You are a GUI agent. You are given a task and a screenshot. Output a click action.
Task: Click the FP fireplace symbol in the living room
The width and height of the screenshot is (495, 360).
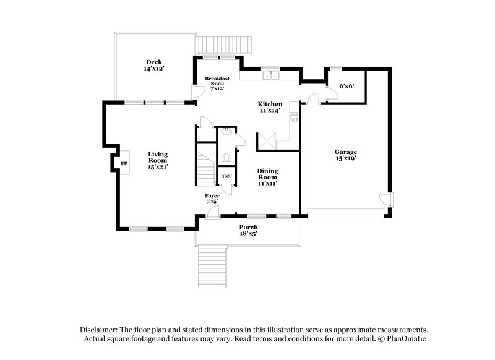point(124,163)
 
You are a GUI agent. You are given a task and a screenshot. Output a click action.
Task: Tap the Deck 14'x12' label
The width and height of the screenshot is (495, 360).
point(154,66)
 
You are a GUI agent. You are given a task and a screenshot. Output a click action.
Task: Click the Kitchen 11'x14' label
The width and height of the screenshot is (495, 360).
point(270,108)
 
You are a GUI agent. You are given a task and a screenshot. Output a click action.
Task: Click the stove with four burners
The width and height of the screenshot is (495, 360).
point(295,117)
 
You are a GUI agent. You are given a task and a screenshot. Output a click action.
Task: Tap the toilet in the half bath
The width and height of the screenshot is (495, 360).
point(226,157)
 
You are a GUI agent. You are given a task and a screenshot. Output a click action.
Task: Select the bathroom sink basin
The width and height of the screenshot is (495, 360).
point(226,131)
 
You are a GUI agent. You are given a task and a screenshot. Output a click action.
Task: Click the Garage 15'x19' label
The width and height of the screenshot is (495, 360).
point(346,155)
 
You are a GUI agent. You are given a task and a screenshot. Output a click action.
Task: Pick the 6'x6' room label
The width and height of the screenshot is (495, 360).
point(346,87)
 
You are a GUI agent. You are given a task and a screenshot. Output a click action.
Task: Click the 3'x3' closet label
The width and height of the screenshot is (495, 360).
point(226,176)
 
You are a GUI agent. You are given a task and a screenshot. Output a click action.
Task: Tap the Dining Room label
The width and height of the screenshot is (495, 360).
point(267,176)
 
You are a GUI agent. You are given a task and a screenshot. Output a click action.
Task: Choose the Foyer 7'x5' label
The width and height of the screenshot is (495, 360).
point(212,199)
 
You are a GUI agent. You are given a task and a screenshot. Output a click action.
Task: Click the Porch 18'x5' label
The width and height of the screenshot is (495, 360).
point(248,230)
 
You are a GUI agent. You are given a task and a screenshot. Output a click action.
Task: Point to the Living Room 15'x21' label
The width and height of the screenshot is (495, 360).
point(158,160)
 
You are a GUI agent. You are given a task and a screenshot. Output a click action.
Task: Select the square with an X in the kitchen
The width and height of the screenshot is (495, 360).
point(267,140)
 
